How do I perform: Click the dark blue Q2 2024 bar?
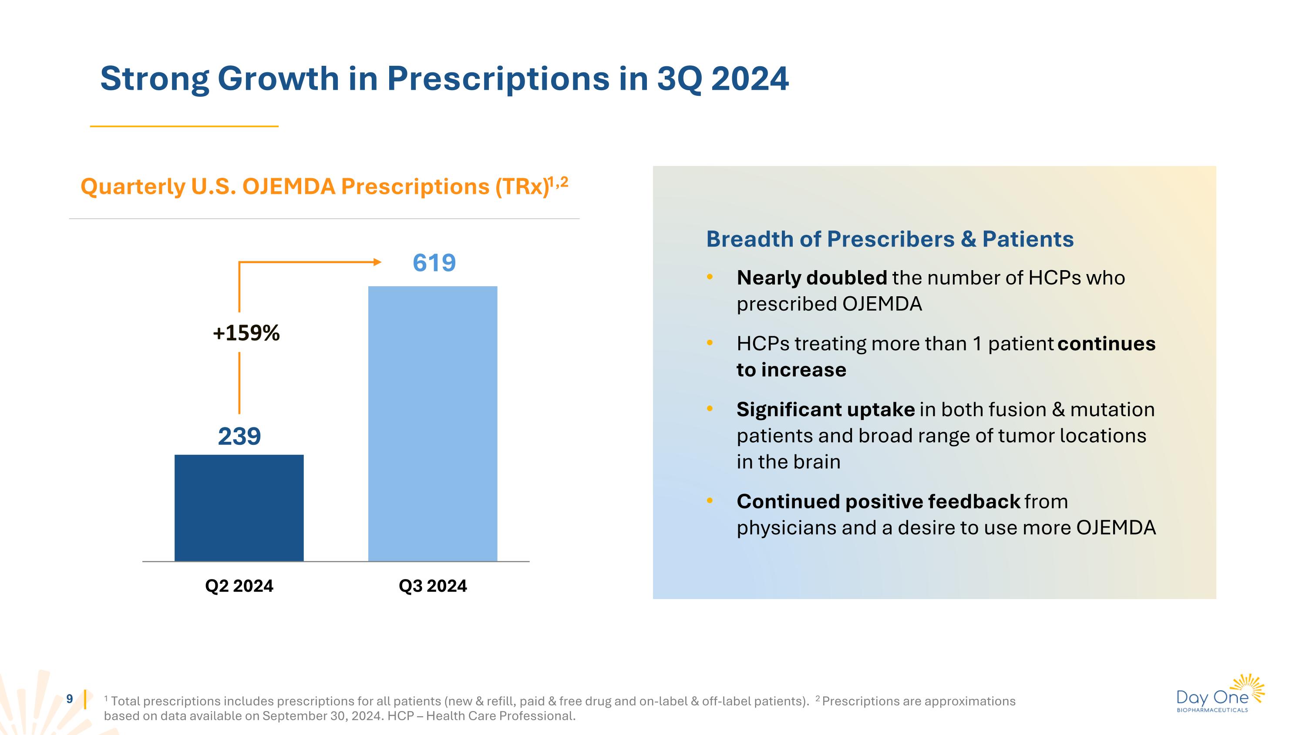pos(239,507)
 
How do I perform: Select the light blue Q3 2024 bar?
pos(432,423)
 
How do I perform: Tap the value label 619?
pos(434,263)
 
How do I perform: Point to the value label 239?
pos(239,436)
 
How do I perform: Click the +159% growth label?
pos(246,333)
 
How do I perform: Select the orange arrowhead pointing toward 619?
pos(377,262)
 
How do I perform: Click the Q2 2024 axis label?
pos(239,586)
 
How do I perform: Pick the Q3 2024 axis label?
pos(432,586)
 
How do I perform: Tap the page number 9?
pos(70,699)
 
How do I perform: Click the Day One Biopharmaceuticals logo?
pos(1220,694)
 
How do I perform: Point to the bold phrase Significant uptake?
pos(825,410)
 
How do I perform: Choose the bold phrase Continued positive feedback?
pos(878,501)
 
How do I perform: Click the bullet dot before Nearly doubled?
pos(710,277)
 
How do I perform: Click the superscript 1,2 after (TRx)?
pos(559,182)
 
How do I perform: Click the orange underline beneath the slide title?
pos(184,126)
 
